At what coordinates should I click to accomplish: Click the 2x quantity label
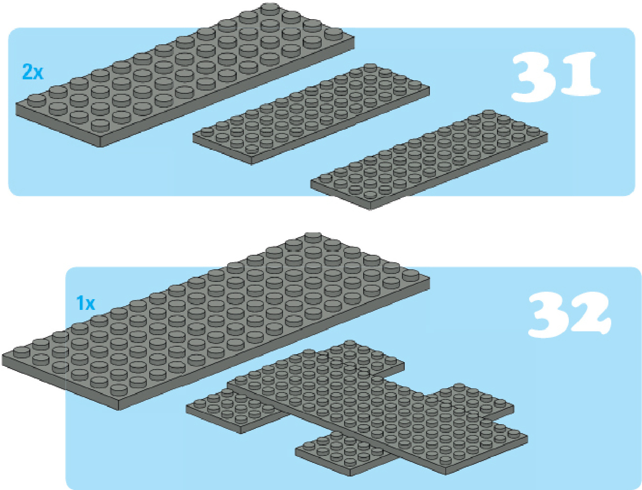(x=33, y=72)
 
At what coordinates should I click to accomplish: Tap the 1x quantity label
(x=85, y=303)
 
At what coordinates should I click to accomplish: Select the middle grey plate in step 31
(x=311, y=114)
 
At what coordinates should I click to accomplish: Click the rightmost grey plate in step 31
(x=429, y=160)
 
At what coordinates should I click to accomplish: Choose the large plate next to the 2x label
(x=185, y=75)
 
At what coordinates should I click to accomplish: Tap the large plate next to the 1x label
(x=216, y=321)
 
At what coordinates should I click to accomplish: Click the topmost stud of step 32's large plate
(x=314, y=238)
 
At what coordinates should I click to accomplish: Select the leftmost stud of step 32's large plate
(x=21, y=351)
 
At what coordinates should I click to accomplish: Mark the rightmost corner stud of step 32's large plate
(x=411, y=276)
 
